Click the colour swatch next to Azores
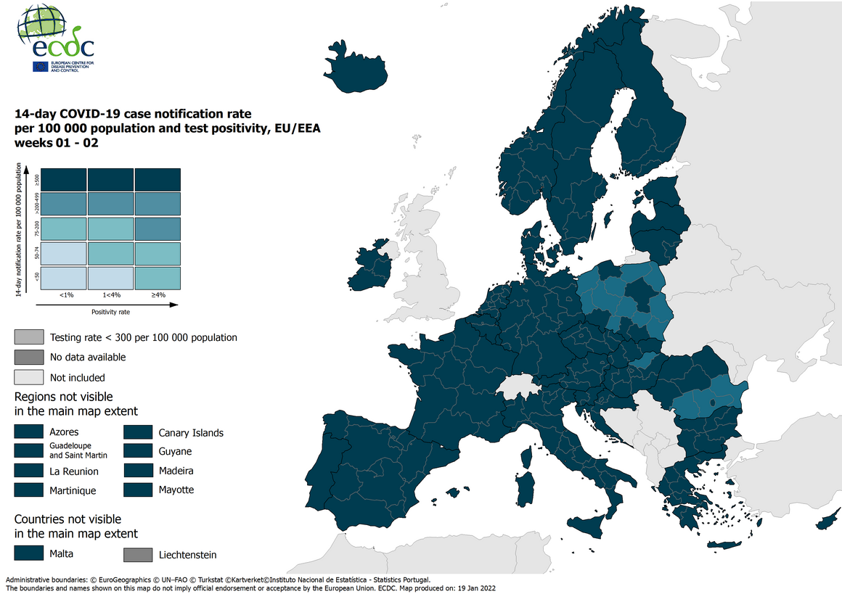(x=28, y=432)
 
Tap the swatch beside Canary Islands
(x=137, y=432)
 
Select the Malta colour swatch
(x=28, y=553)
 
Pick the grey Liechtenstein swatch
(x=137, y=555)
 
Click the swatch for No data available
(x=28, y=357)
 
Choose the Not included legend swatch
(x=28, y=377)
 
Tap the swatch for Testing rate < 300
(x=28, y=337)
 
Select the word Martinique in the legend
(x=73, y=491)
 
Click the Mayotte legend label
(x=176, y=490)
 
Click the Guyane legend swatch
(x=137, y=451)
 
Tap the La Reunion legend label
(x=74, y=471)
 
